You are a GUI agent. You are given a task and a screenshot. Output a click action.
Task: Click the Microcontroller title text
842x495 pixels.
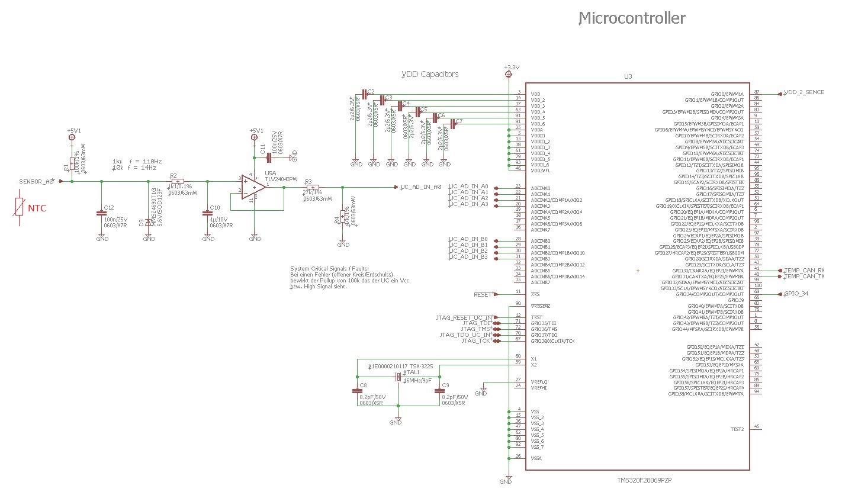[631, 19]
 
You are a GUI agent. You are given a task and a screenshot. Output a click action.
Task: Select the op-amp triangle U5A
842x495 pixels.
[254, 187]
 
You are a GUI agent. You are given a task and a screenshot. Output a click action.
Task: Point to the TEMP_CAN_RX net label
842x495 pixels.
[804, 271]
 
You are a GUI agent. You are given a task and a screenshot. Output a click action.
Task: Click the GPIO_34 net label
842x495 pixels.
[796, 294]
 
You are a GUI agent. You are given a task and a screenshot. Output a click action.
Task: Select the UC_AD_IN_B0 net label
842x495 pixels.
[469, 239]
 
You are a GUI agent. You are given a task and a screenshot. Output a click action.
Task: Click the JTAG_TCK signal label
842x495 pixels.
[476, 341]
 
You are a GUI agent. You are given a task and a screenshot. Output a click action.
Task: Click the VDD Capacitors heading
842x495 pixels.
[430, 75]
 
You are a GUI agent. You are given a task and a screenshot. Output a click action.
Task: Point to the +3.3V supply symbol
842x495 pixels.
[510, 67]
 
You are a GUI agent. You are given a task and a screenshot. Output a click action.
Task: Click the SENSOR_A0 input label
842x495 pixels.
[37, 182]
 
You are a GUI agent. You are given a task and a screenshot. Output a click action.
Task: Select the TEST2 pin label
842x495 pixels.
[737, 429]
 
